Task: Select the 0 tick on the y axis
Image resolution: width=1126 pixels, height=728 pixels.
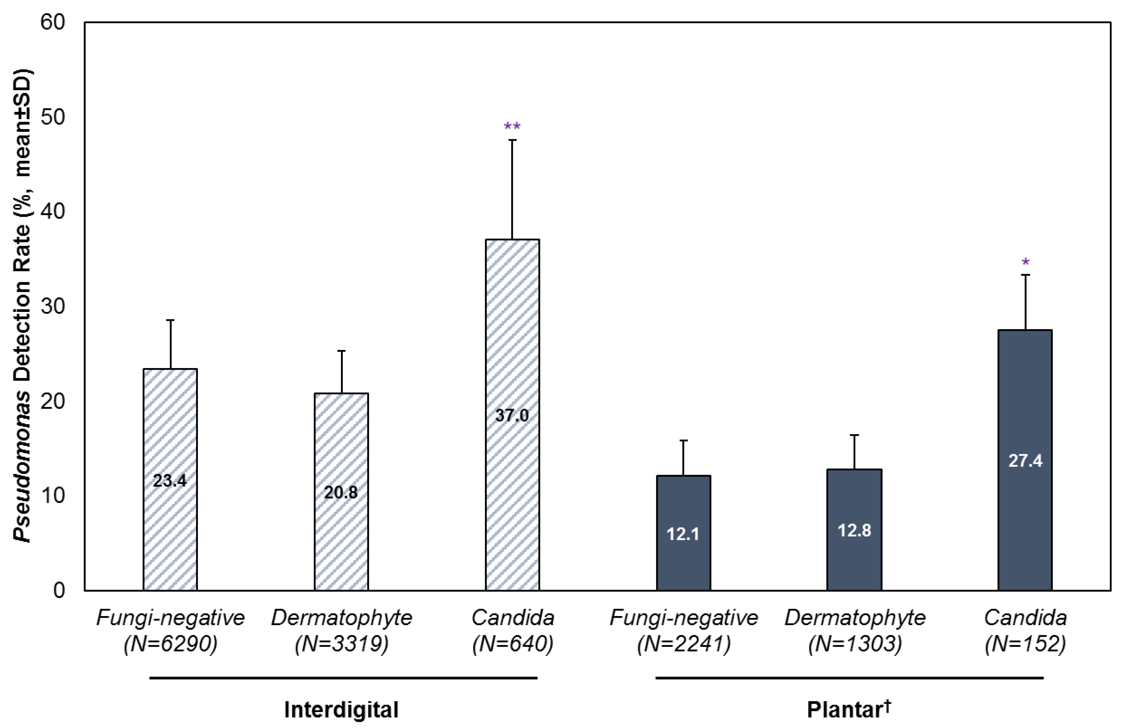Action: point(59,591)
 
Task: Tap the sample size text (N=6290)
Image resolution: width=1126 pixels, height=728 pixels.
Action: point(170,643)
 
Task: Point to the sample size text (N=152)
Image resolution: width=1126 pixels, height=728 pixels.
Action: point(1025,643)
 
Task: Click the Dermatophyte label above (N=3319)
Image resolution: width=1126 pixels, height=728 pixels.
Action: point(341,617)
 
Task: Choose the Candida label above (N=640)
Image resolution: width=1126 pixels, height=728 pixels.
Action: point(512,617)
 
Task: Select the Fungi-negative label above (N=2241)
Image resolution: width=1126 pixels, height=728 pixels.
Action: point(683,617)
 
